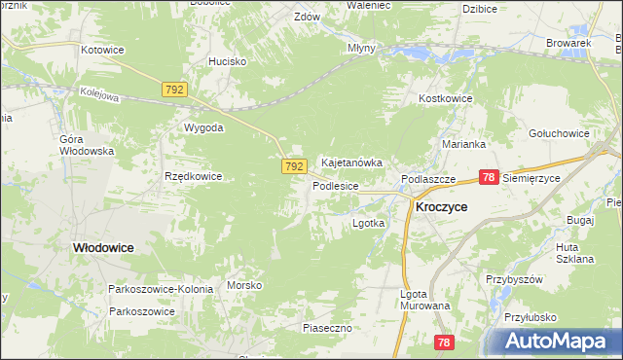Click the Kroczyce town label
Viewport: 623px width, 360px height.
click(441, 207)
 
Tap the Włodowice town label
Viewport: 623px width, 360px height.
click(103, 248)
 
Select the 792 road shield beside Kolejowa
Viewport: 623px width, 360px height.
click(174, 89)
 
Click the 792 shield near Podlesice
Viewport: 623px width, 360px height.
click(296, 167)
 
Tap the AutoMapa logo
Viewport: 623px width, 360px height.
click(556, 342)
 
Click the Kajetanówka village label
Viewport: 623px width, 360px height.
click(351, 162)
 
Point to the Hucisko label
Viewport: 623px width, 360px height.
click(227, 61)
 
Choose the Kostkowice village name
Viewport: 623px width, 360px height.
click(445, 99)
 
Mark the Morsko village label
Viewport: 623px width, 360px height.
click(244, 285)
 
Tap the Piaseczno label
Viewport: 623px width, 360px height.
click(326, 329)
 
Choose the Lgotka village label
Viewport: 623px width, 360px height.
click(368, 223)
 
